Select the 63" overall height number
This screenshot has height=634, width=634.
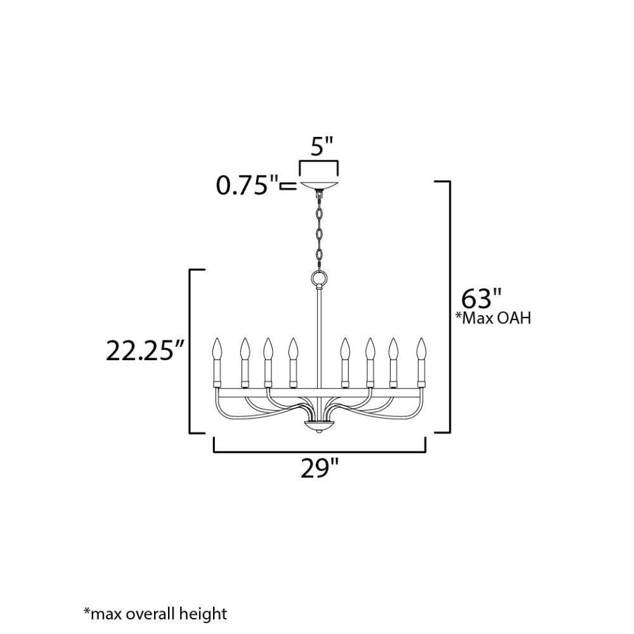482,299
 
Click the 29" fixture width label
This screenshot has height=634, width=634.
320,469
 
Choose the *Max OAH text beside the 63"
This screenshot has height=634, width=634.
493,318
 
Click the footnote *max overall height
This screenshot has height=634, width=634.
155,614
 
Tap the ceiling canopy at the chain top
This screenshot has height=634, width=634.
320,185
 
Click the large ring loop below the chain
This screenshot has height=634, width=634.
319,278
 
